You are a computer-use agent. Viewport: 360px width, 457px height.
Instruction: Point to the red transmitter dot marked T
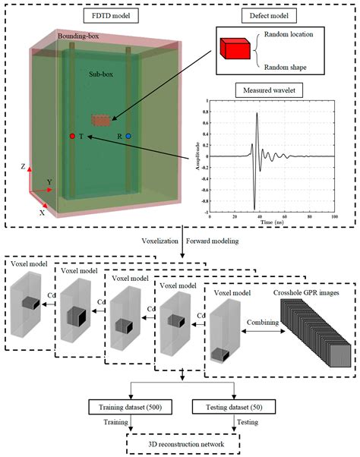click(72, 137)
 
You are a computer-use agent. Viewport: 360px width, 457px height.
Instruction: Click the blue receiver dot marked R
click(128, 137)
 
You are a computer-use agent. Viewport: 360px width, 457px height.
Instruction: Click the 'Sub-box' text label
click(100, 74)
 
